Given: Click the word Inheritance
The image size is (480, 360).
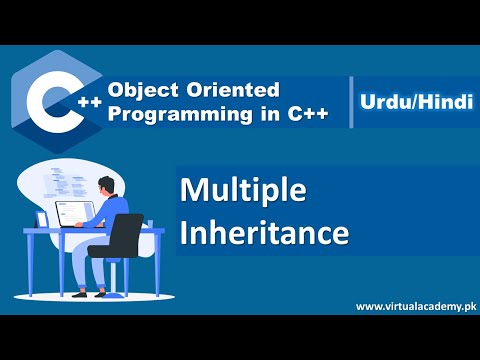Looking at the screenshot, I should (x=264, y=232).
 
